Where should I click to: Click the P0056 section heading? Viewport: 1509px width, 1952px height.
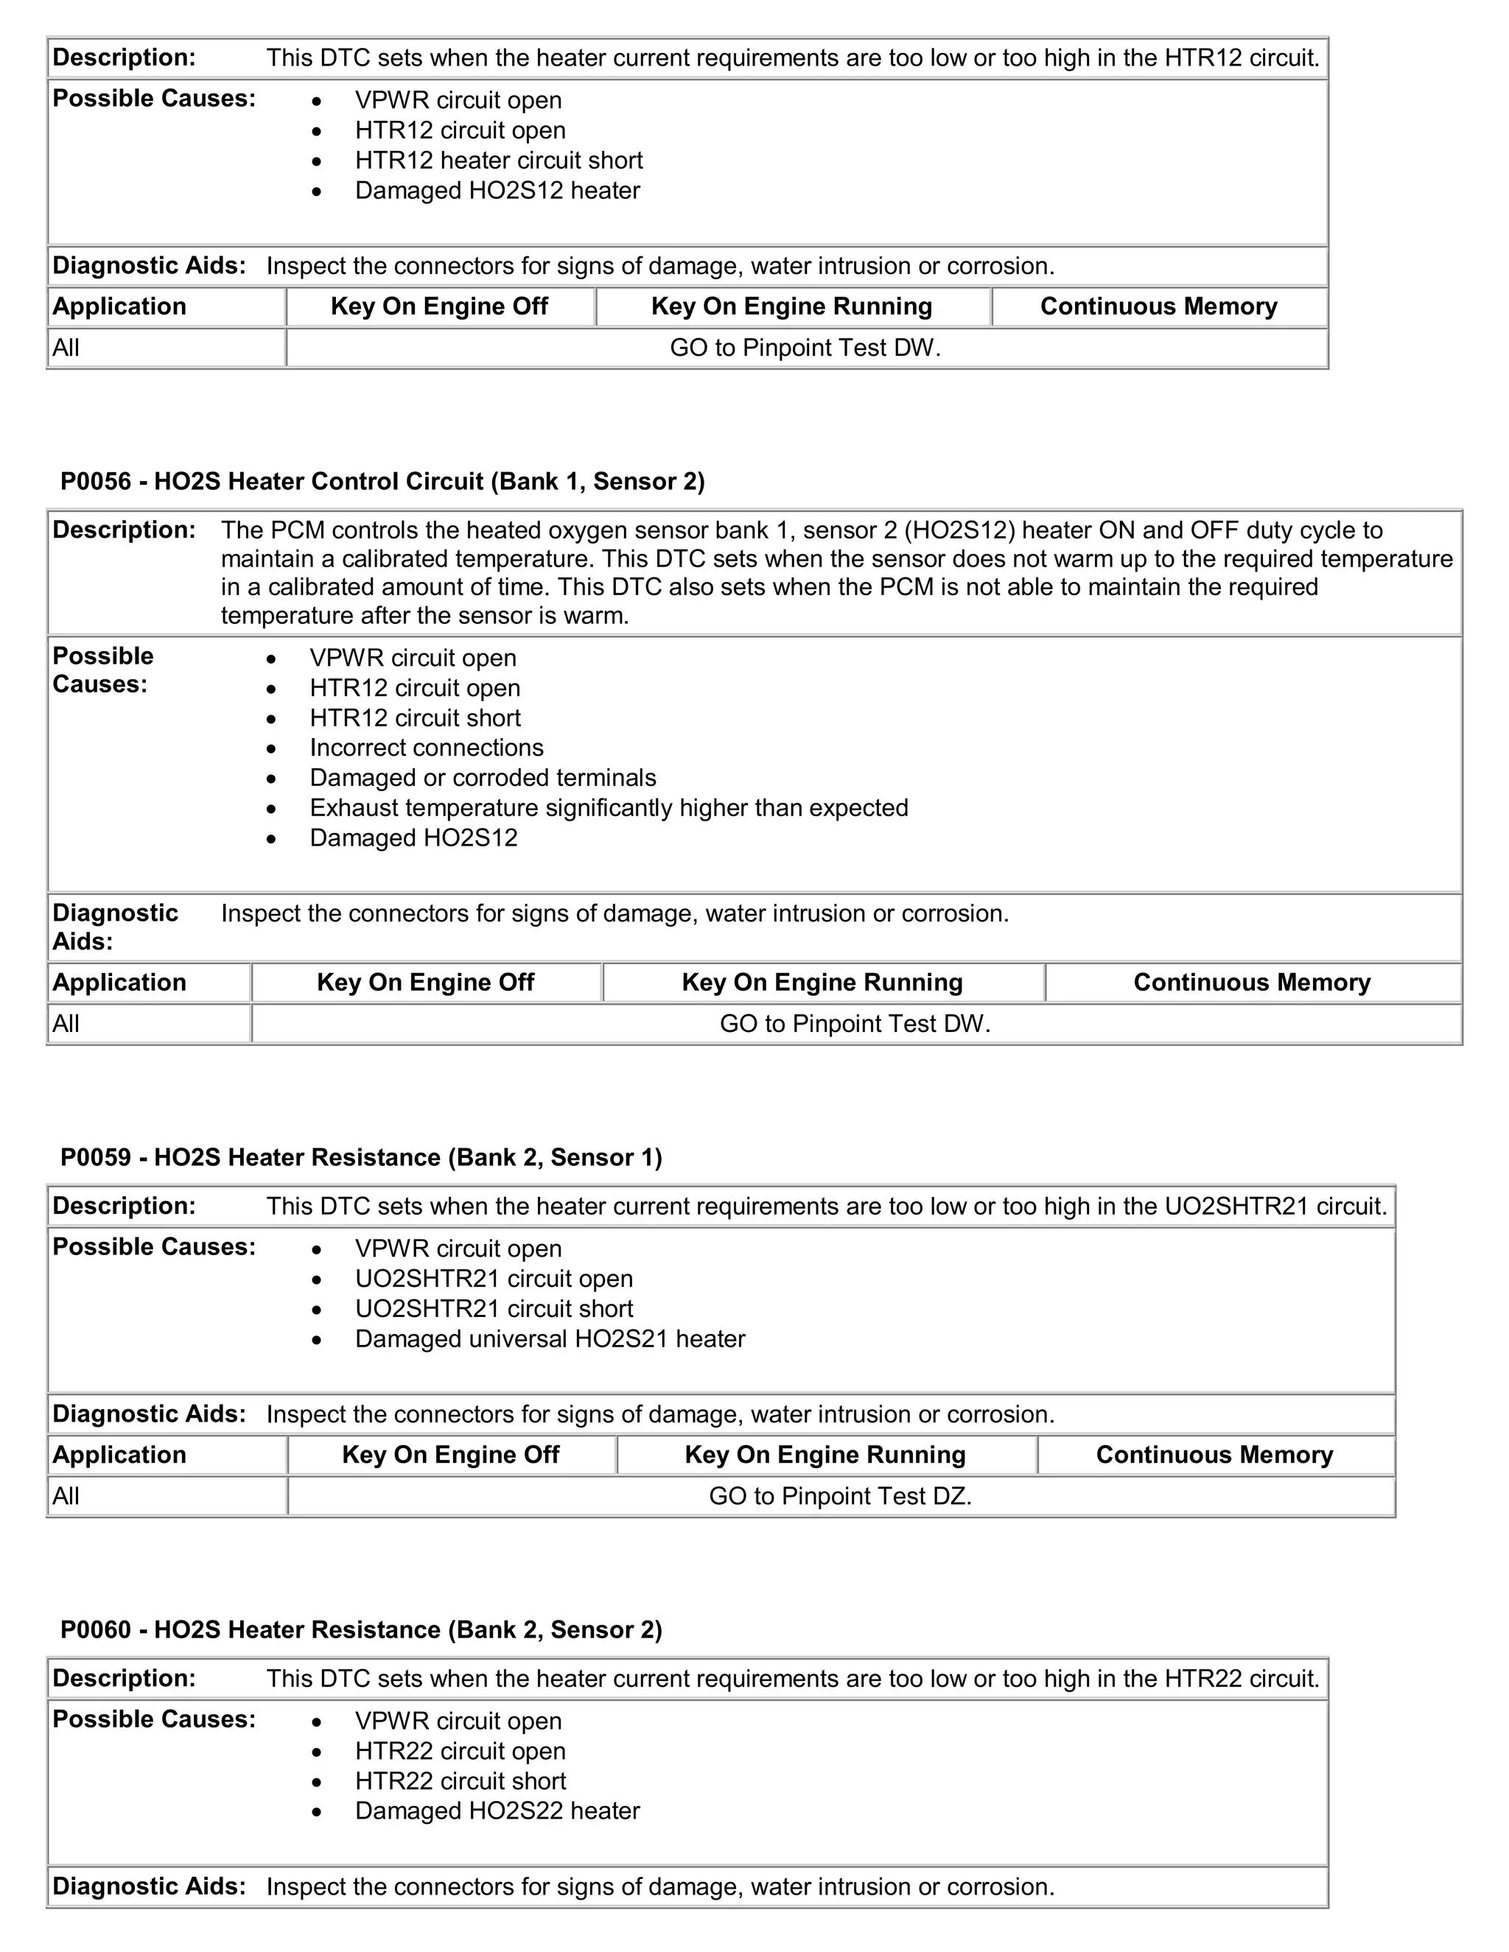point(382,482)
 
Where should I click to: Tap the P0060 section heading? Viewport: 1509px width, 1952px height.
point(360,1629)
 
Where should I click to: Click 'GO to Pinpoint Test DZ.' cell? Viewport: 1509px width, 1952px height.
point(839,1496)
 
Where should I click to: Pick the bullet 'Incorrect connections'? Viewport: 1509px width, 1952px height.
point(427,748)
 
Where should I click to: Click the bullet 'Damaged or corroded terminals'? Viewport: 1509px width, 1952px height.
point(483,778)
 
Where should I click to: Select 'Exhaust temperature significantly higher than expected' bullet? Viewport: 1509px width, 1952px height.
point(609,808)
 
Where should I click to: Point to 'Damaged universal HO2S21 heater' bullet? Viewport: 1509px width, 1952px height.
point(550,1339)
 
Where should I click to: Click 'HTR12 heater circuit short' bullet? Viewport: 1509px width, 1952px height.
point(499,161)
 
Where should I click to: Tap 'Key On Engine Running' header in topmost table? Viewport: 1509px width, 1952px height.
point(791,306)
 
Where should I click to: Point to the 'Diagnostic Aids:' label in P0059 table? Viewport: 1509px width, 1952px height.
point(148,1414)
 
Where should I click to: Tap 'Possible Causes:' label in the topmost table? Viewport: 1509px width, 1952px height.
point(154,98)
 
